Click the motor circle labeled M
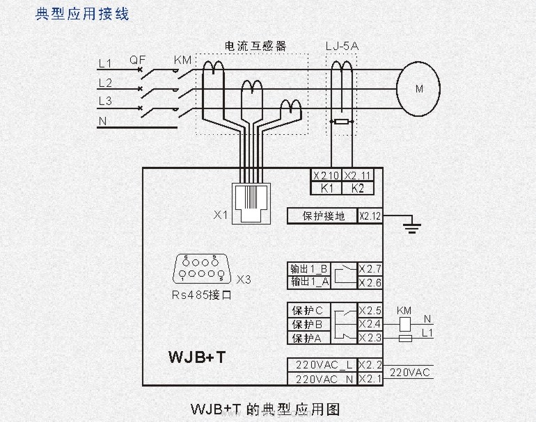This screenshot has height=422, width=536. pos(419,89)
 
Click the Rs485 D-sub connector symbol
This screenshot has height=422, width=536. pos(200,268)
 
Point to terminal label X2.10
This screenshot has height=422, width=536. pos(326,175)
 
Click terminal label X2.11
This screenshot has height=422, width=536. pos(358,175)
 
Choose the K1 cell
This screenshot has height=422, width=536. pos(326,188)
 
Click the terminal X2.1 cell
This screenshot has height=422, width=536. pos(370,379)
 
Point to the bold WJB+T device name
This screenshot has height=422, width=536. pos(197,357)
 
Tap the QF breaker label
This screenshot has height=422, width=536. pos(138,60)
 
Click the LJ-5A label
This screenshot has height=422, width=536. pos(342,47)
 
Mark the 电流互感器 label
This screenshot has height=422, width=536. pos(255,47)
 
